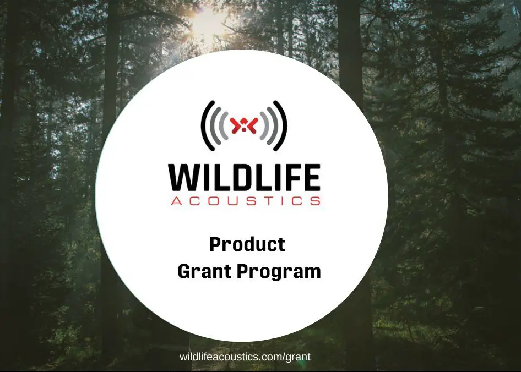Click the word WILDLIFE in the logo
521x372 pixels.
(244, 177)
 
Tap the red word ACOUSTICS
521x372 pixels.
(246, 201)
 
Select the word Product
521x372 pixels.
(247, 244)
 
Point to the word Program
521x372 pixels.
(279, 272)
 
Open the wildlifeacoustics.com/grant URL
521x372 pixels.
(245, 357)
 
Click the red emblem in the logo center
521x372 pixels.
(244, 125)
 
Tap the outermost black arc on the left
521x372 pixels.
(203, 125)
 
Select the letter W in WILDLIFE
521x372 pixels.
(184, 177)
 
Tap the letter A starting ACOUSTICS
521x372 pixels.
(176, 201)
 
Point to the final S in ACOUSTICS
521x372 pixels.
(316, 201)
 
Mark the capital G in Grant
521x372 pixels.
(184, 271)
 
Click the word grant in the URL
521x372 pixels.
(298, 358)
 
